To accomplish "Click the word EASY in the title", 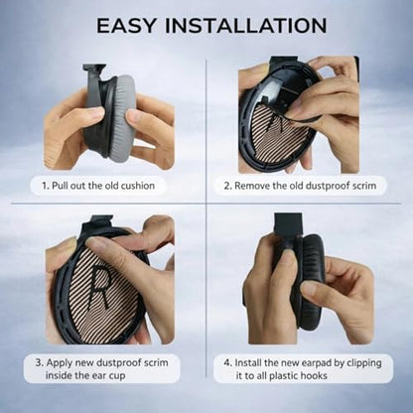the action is point(126,25).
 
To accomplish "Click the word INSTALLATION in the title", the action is point(246,25).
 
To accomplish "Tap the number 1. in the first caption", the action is point(46,186).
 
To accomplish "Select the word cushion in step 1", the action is point(137,186).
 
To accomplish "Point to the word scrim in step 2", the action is point(364,186).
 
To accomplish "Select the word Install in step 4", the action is point(248,363).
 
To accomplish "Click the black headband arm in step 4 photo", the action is point(288,223).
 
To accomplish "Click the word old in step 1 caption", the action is point(111,186).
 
